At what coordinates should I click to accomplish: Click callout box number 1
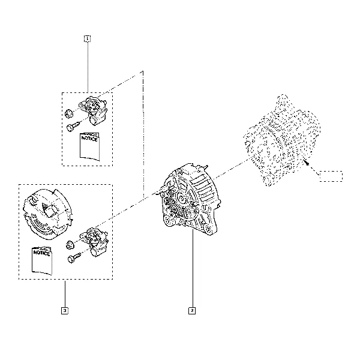pos(87,38)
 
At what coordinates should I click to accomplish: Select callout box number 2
pos(192,311)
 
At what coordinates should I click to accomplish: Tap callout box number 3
pos(65,311)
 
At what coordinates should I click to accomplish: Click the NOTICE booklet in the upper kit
pos(90,146)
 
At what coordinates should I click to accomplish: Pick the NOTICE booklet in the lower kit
pos(42,260)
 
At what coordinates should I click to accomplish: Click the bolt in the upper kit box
pos(73,127)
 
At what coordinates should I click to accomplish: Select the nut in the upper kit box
pos(68,113)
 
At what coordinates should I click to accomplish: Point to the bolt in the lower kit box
pos(74,258)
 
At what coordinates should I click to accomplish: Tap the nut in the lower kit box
pos(70,245)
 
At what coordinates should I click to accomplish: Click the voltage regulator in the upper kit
pos(94,110)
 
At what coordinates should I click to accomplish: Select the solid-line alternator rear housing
pos(191,199)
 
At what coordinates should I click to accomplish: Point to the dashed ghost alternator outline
pos(282,140)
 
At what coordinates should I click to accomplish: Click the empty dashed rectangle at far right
pos(331,176)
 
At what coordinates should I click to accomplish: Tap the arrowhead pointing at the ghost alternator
pos(306,163)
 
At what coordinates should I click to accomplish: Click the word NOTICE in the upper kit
pos(89,139)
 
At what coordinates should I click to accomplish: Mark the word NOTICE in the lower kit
pos(41,253)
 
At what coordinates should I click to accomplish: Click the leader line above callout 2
pos(193,269)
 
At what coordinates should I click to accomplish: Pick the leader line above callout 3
pos(65,293)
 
